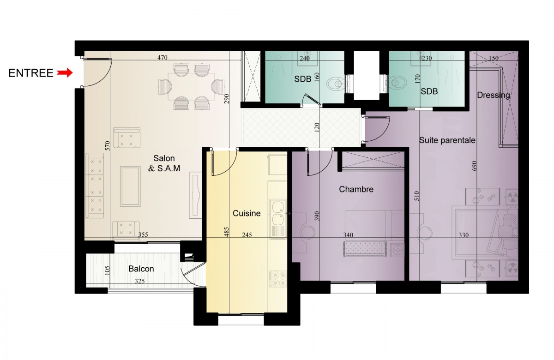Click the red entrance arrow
click(x=65, y=73)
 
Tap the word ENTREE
click(x=31, y=73)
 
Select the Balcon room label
click(x=141, y=269)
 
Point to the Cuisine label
click(x=247, y=213)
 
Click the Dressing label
click(x=494, y=95)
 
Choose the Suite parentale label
click(x=447, y=140)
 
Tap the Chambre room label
click(x=356, y=189)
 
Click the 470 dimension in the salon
click(x=162, y=58)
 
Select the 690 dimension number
click(x=474, y=166)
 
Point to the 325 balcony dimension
click(x=140, y=281)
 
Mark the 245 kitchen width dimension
click(x=247, y=234)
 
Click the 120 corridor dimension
click(x=317, y=127)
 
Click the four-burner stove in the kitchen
click(x=277, y=279)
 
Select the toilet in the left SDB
click(x=335, y=84)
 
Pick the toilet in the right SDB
click(x=397, y=82)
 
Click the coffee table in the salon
click(x=130, y=186)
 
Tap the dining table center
click(x=192, y=86)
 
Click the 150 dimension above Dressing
click(x=494, y=58)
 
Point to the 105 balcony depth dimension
click(x=107, y=270)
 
